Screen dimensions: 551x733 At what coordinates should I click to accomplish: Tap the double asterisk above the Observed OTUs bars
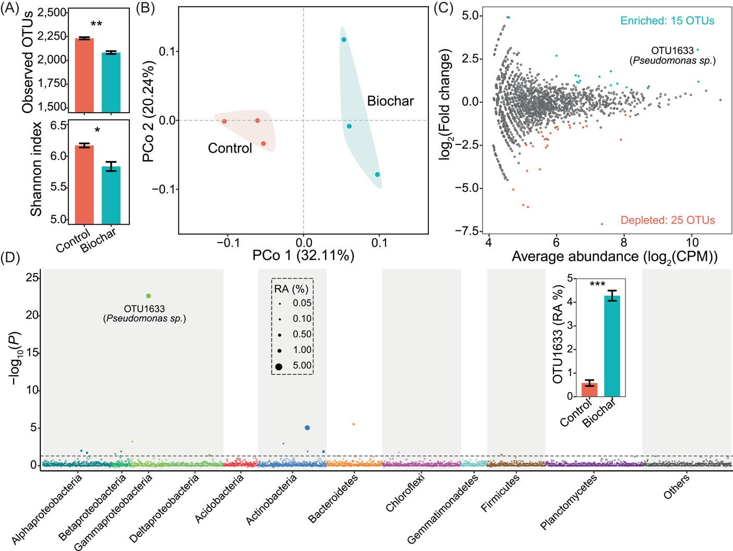[97, 25]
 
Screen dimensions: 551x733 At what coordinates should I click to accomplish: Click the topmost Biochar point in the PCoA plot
[344, 40]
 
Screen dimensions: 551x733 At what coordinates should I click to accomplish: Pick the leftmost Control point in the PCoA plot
[224, 121]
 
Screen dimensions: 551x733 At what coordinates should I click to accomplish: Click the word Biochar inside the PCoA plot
[390, 101]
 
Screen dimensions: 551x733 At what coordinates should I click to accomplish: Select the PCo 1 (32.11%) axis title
[303, 255]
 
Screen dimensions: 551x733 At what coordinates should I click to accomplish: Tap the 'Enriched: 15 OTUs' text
[667, 21]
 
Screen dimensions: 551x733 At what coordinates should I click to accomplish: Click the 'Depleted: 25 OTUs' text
[667, 220]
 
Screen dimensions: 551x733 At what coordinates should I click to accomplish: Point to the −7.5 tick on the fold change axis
[472, 231]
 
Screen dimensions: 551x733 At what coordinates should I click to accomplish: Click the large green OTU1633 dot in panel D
[149, 296]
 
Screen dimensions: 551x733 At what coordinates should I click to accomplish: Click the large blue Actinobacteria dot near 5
[307, 428]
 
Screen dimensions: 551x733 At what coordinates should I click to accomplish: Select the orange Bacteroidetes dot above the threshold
[354, 424]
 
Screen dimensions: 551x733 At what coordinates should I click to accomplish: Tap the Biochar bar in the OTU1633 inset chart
[612, 346]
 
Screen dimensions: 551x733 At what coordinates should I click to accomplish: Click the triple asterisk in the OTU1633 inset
[597, 285]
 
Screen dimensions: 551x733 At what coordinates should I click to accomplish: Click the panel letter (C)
[443, 9]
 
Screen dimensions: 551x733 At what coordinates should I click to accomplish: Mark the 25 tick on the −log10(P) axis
[32, 278]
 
